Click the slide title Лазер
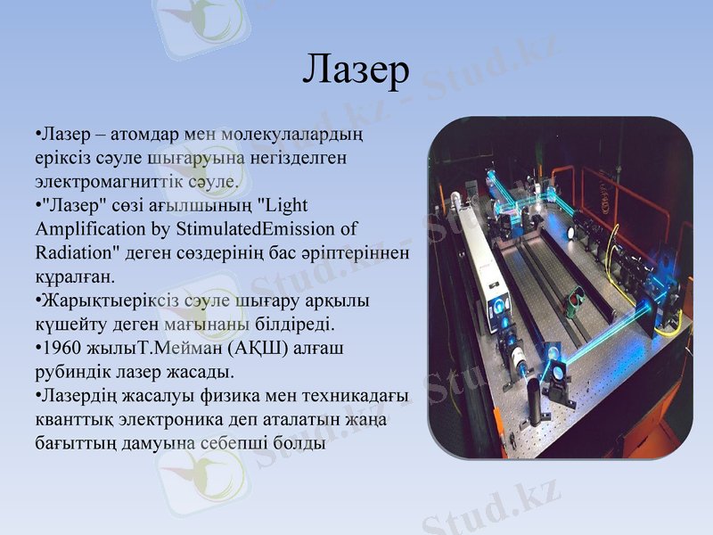[x=356, y=69]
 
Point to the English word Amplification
[x=86, y=228]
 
